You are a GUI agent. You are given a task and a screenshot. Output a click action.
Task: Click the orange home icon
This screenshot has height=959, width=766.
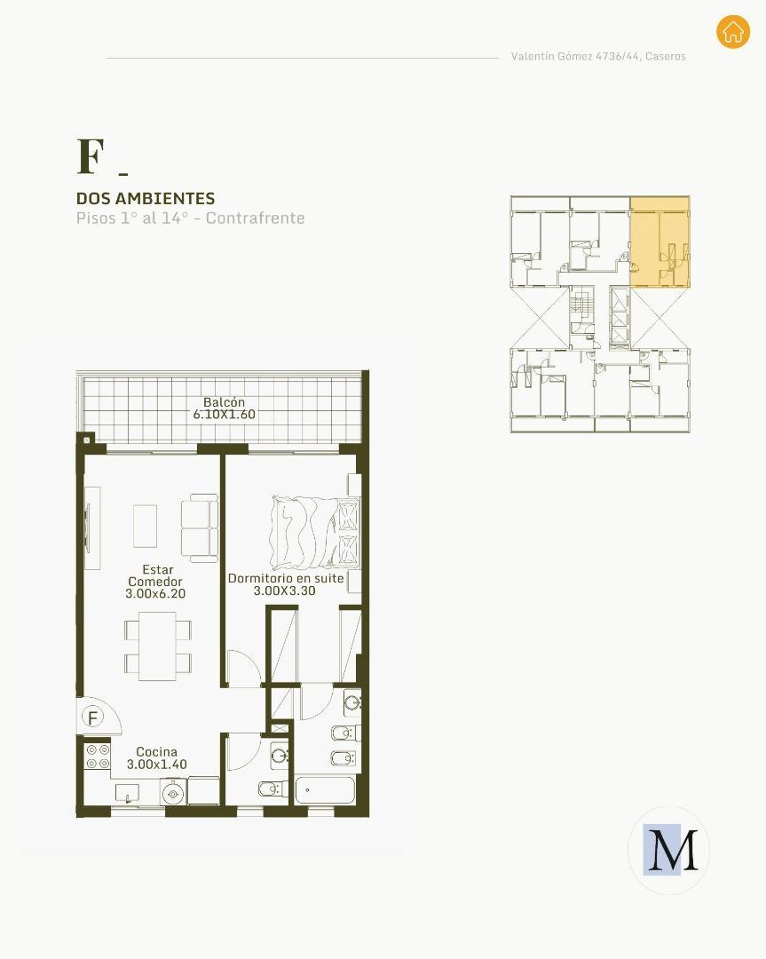(732, 31)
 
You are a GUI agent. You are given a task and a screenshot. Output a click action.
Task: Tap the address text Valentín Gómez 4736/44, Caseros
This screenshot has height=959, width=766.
(598, 56)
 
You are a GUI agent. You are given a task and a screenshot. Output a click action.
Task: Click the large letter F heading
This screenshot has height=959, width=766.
(91, 156)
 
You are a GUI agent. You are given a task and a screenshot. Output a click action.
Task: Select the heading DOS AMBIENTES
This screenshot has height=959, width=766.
(146, 198)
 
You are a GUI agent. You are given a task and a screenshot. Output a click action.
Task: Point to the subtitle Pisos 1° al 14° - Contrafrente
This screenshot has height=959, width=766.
(190, 218)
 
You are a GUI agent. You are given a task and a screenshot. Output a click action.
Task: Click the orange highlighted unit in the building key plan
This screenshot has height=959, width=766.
(659, 242)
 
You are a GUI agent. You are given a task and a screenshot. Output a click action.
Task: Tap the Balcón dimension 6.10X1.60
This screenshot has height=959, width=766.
(224, 414)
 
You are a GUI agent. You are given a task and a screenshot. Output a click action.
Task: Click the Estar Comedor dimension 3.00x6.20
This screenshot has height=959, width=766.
(155, 593)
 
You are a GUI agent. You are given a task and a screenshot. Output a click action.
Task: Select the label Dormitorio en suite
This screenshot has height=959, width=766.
(286, 578)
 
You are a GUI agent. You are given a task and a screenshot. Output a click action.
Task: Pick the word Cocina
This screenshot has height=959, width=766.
(156, 752)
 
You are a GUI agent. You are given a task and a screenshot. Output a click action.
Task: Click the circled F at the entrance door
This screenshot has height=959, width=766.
(93, 717)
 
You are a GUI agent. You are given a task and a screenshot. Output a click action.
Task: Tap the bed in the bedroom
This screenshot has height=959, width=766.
(315, 532)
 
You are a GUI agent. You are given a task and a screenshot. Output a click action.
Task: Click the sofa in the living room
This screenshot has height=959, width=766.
(200, 528)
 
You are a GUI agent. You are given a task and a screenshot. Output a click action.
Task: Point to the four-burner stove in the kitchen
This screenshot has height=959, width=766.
(98, 757)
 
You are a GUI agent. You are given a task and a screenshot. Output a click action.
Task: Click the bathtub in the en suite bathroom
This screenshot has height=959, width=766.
(325, 791)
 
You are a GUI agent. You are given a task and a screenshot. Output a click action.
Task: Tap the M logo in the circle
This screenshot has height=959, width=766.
(670, 850)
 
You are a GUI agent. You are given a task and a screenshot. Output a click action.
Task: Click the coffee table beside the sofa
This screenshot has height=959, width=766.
(145, 526)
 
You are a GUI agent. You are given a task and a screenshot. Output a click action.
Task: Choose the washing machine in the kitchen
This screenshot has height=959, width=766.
(173, 793)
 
